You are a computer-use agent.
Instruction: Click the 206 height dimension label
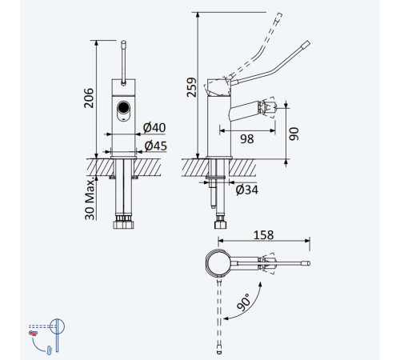click(89, 98)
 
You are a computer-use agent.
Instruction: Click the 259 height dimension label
click(191, 87)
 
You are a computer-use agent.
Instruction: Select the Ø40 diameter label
click(154, 128)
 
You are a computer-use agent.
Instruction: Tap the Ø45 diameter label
click(156, 146)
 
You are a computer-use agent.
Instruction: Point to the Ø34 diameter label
click(247, 190)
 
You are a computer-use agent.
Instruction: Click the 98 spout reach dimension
click(247, 139)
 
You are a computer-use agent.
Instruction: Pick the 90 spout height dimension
click(294, 134)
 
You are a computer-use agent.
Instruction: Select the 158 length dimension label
click(263, 235)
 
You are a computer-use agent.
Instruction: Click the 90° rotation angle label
click(243, 302)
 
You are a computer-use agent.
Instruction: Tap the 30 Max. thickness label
click(90, 198)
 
